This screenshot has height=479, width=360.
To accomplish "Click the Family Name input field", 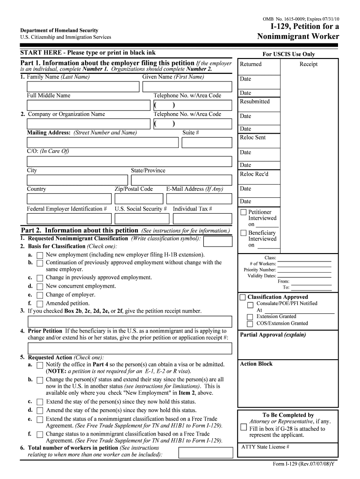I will click(83, 87).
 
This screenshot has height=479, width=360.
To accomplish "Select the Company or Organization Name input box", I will click(89, 124).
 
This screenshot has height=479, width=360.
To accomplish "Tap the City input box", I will click(77, 180).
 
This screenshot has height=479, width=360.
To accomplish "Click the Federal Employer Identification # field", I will click(69, 218).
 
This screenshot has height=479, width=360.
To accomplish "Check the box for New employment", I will click(40, 255).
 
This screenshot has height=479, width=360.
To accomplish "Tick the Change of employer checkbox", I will click(40, 295).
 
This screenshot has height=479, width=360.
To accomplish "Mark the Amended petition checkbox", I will click(40, 304).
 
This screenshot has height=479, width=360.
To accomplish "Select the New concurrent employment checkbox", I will click(40, 286).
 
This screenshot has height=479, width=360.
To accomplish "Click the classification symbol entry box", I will click(218, 241).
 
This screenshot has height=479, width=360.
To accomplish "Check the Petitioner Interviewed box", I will click(243, 212).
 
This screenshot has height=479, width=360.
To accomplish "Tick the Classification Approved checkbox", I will click(242, 298).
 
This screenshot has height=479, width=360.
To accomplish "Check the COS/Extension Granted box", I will click(250, 324).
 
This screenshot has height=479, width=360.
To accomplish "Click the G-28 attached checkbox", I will click(243, 427).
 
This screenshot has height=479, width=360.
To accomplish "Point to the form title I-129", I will click(298, 27).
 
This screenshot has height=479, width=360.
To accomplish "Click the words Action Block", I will click(256, 364).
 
